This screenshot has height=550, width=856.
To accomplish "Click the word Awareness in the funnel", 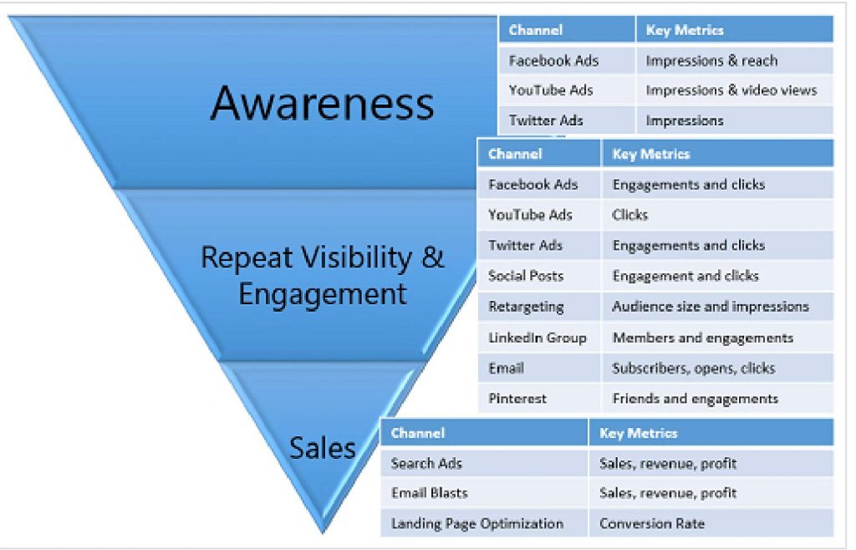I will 323,104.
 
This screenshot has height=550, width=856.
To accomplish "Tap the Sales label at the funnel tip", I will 323,448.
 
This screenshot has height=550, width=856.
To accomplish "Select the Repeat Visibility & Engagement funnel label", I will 323,275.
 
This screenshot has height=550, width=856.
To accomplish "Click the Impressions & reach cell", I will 711,60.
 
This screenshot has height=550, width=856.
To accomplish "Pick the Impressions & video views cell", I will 731,90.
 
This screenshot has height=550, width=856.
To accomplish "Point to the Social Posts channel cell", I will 526,276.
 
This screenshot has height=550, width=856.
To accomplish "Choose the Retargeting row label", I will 526,307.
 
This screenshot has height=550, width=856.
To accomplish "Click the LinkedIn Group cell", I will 538,338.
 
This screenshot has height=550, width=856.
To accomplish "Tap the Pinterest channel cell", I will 517,399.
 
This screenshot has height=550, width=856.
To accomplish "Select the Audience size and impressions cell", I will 711,307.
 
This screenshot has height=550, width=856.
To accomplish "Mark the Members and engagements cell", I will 703,338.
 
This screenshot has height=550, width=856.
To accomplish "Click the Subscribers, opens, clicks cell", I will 694,368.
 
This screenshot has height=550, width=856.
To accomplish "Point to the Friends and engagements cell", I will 695,399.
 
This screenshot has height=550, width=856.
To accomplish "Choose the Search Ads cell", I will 426,463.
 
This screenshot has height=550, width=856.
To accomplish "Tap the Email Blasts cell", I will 430,493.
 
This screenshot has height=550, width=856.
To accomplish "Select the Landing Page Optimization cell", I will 477,524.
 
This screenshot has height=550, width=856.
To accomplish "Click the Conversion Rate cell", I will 652,524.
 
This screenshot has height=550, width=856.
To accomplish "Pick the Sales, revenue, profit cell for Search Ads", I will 668,463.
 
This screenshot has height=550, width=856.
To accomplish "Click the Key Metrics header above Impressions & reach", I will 685,30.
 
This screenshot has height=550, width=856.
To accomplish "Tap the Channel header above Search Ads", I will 418,433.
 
